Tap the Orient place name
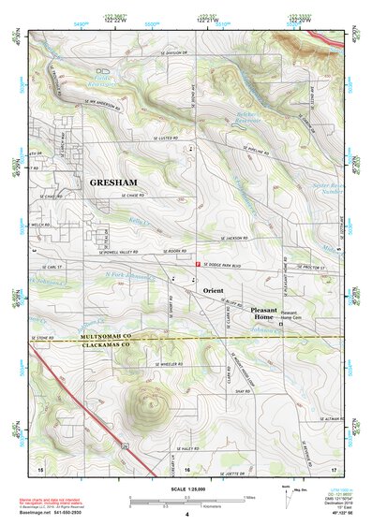click(x=214, y=291)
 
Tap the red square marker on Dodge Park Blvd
click(x=196, y=266)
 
